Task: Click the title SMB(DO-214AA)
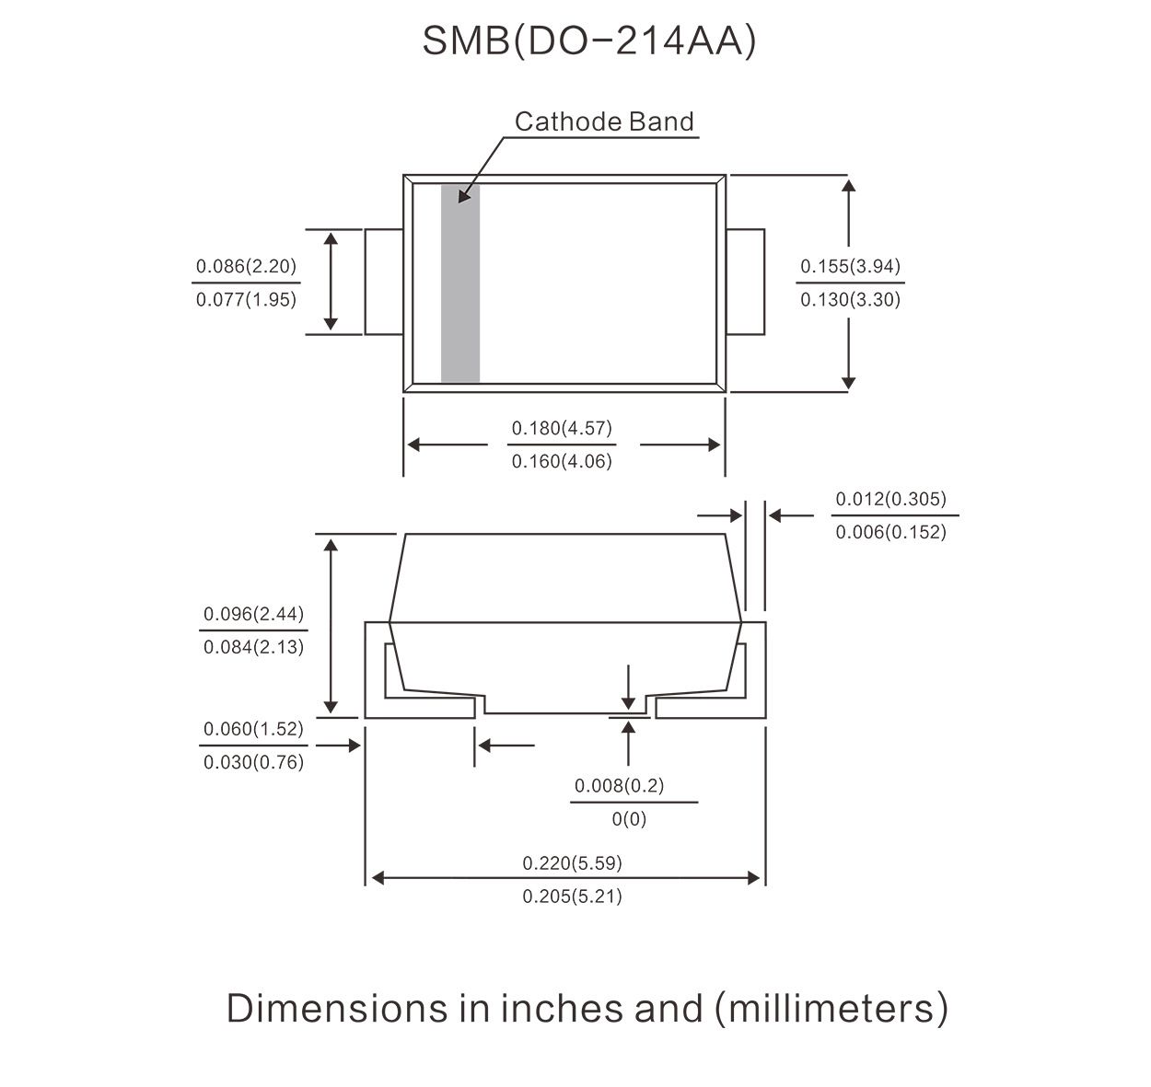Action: click(588, 41)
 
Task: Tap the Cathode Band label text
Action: click(604, 121)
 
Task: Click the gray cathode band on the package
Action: click(460, 283)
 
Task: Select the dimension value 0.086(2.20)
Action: click(246, 266)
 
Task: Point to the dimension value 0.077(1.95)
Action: click(246, 299)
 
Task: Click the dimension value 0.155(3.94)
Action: click(850, 266)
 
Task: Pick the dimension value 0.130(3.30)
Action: click(850, 299)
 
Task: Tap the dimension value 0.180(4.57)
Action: click(562, 428)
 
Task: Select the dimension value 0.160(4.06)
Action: click(562, 461)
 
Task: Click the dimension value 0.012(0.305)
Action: click(890, 499)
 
